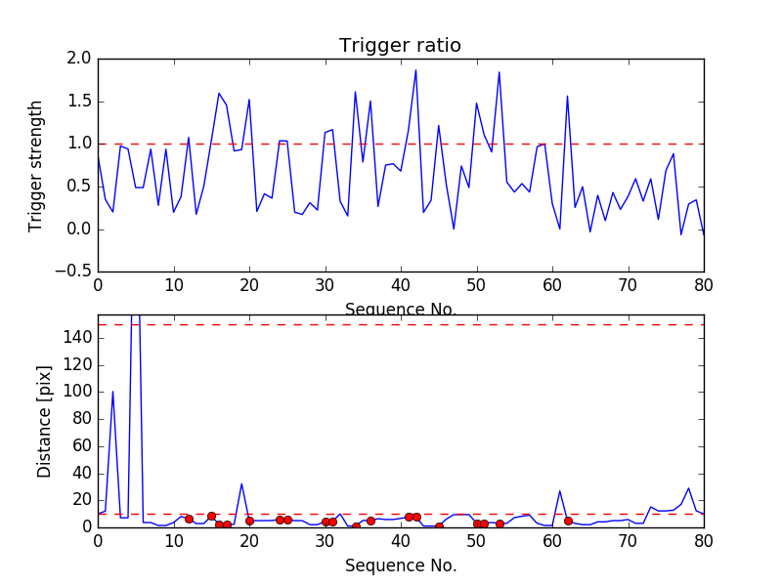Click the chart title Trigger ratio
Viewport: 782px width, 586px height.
(x=400, y=46)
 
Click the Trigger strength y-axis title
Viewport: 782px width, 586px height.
(x=36, y=165)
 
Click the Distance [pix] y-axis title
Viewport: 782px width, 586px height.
(x=44, y=421)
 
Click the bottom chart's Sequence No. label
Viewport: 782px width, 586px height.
(x=401, y=565)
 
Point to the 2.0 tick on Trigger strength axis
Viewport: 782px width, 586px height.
(x=80, y=59)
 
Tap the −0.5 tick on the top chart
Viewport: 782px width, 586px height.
(x=76, y=272)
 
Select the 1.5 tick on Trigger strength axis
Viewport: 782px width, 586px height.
(x=80, y=102)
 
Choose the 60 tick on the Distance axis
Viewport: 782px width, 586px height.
(x=80, y=445)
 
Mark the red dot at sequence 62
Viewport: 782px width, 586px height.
(x=568, y=521)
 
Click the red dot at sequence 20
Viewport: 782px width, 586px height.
(x=249, y=521)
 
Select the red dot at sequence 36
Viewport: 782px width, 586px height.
(x=370, y=521)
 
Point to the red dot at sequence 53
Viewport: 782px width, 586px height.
(x=500, y=523)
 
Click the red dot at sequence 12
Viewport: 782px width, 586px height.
(x=189, y=519)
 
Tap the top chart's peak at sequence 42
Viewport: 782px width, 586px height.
(x=415, y=69)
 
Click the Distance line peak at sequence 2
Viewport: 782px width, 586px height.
(x=112, y=392)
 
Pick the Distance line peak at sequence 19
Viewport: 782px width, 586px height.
(x=241, y=483)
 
